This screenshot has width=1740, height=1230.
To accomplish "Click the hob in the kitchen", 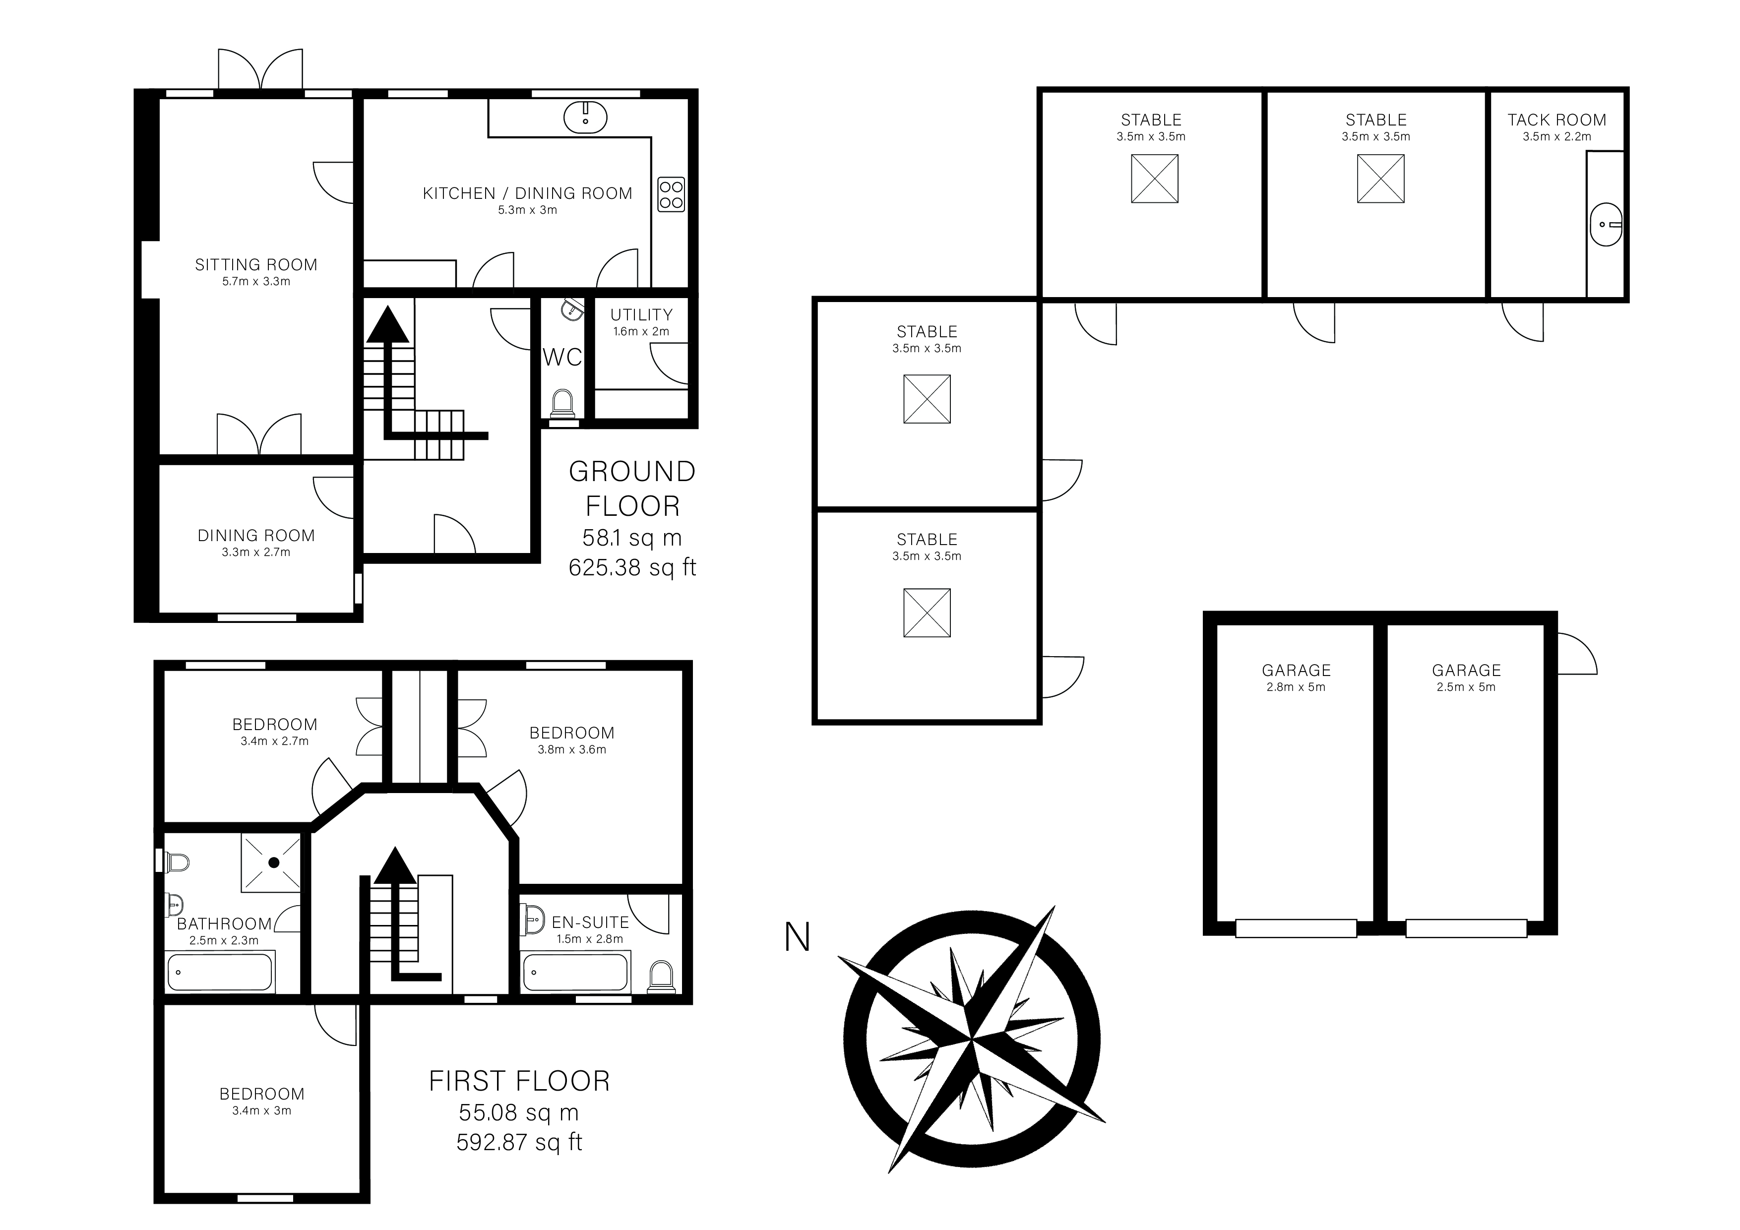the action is pos(671,194).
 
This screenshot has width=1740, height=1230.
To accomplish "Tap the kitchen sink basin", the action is pos(586,117).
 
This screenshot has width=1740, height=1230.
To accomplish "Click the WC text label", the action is pos(562,357).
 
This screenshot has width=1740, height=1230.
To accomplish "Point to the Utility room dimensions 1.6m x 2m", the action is pos(641,331).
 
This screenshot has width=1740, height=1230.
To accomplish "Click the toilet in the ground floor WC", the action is pos(562,403).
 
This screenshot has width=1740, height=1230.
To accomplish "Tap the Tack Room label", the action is pos(1556,120).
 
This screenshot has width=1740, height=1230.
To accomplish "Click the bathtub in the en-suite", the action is pos(576,972).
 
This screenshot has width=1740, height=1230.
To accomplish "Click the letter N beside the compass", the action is pos(797,937).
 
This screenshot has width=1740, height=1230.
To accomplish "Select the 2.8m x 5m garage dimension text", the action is pos(1296,687).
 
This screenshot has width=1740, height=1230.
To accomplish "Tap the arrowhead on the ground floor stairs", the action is pos(387,324).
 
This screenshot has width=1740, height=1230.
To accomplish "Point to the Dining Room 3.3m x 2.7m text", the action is pos(256,553).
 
